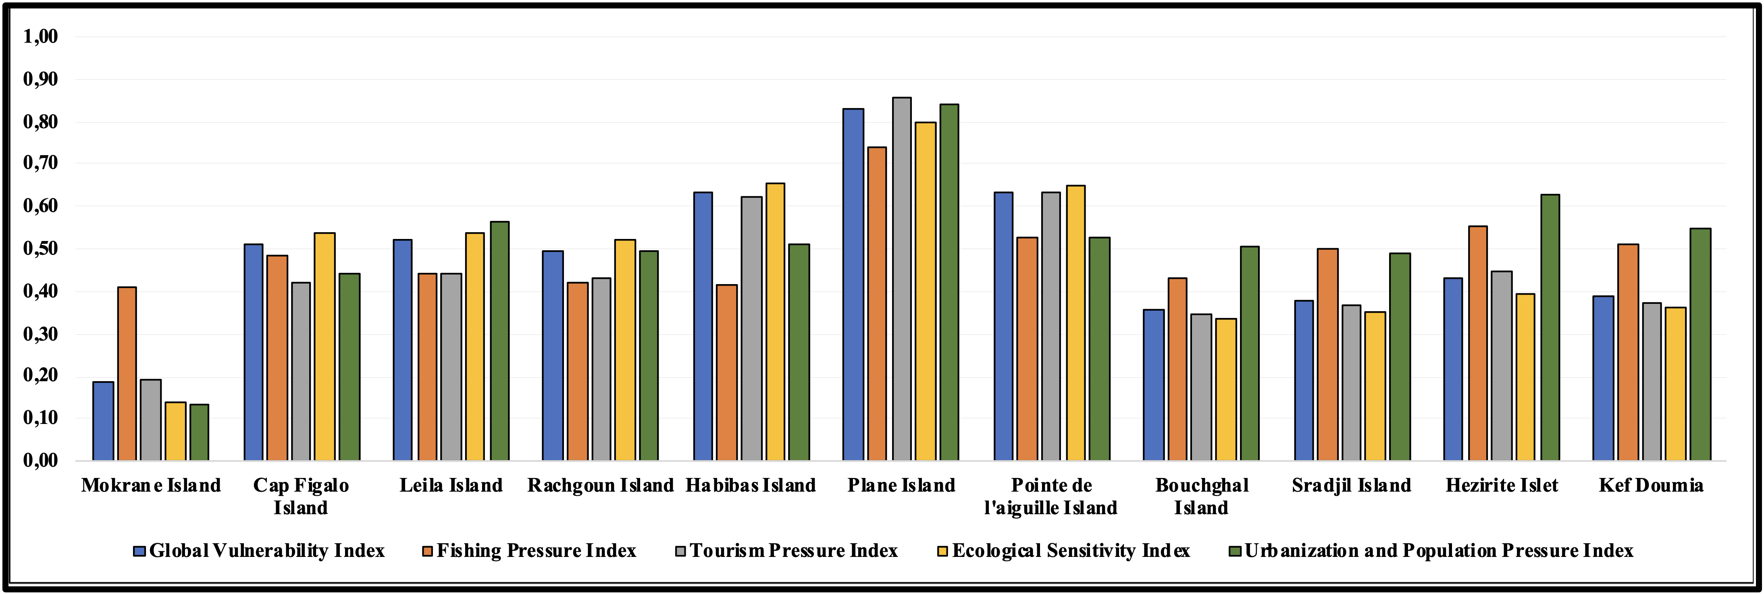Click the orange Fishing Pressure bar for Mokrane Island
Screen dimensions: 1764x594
coord(127,374)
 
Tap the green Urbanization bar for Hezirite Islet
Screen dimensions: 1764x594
coord(1550,328)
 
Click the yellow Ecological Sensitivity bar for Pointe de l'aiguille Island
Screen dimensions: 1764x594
coord(1075,323)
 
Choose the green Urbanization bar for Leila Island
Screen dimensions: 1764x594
coord(499,341)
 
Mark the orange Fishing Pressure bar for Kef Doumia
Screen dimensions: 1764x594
coord(1629,353)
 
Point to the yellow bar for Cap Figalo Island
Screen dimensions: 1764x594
coord(325,347)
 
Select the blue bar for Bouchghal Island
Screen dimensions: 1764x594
coord(1153,385)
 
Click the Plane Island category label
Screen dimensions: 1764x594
coord(901,485)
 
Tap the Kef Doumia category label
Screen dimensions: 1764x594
coord(1651,485)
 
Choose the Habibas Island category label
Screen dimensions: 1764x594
coord(751,485)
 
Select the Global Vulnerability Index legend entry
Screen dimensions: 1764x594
coord(259,551)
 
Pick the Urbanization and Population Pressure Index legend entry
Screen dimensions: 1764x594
coord(1431,551)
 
